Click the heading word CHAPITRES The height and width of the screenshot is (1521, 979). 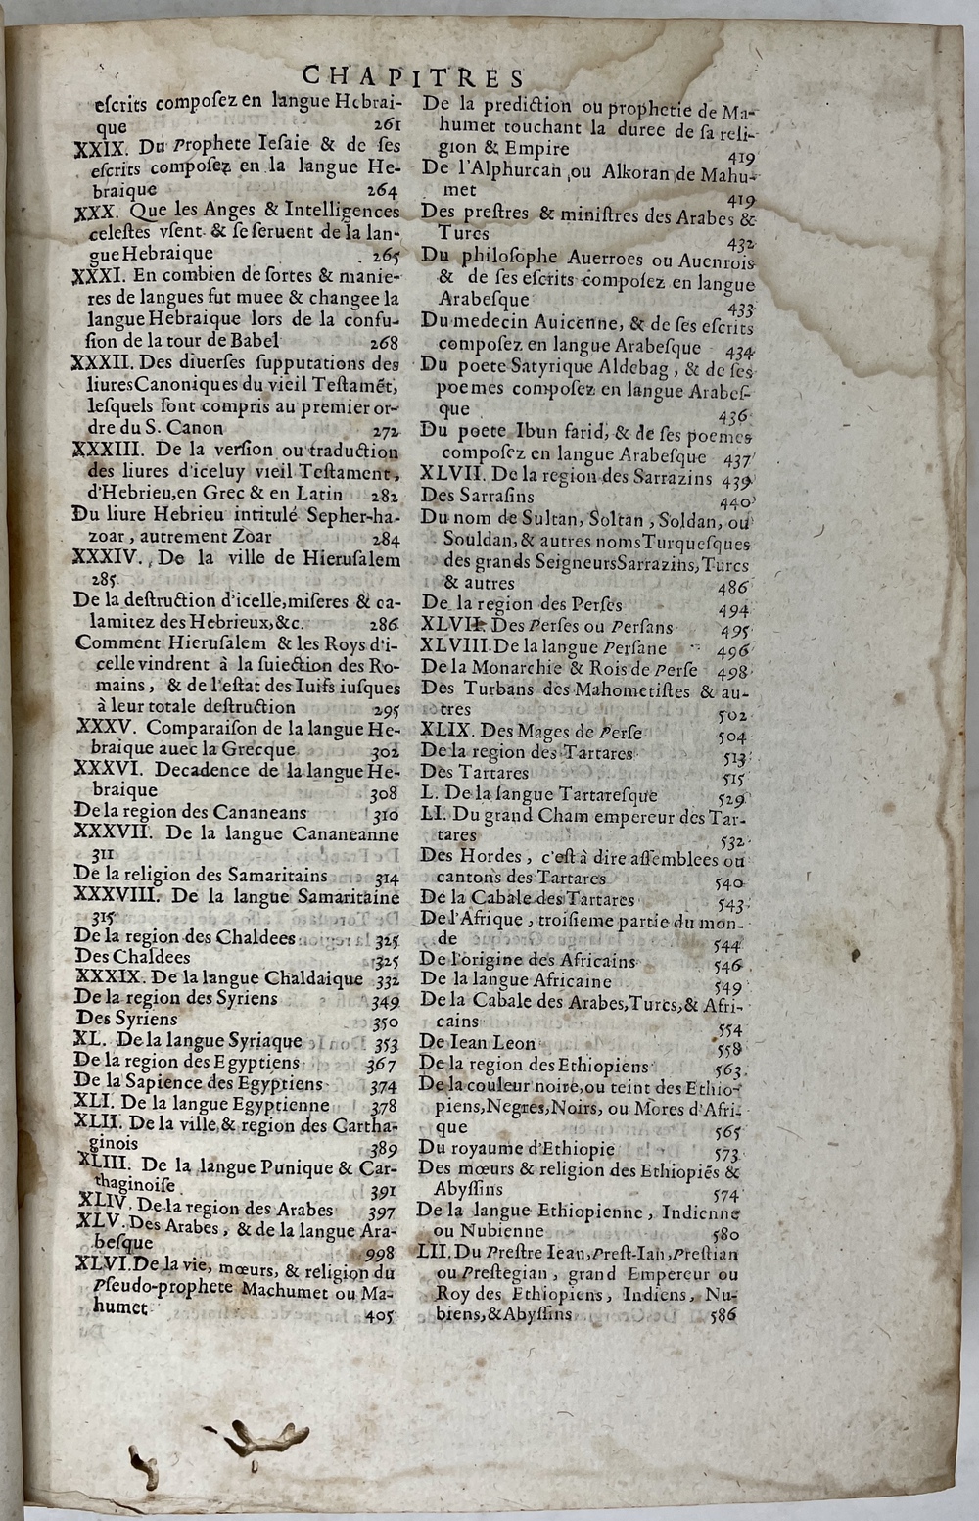(x=413, y=77)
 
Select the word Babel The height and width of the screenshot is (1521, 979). (x=254, y=341)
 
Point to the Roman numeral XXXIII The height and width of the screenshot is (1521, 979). (x=114, y=452)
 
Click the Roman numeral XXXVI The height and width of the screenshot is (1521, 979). (x=109, y=770)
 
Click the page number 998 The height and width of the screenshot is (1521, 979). (x=378, y=1253)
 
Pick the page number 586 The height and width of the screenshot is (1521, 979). (x=723, y=1316)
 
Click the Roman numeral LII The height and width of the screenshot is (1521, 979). (x=434, y=1254)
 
